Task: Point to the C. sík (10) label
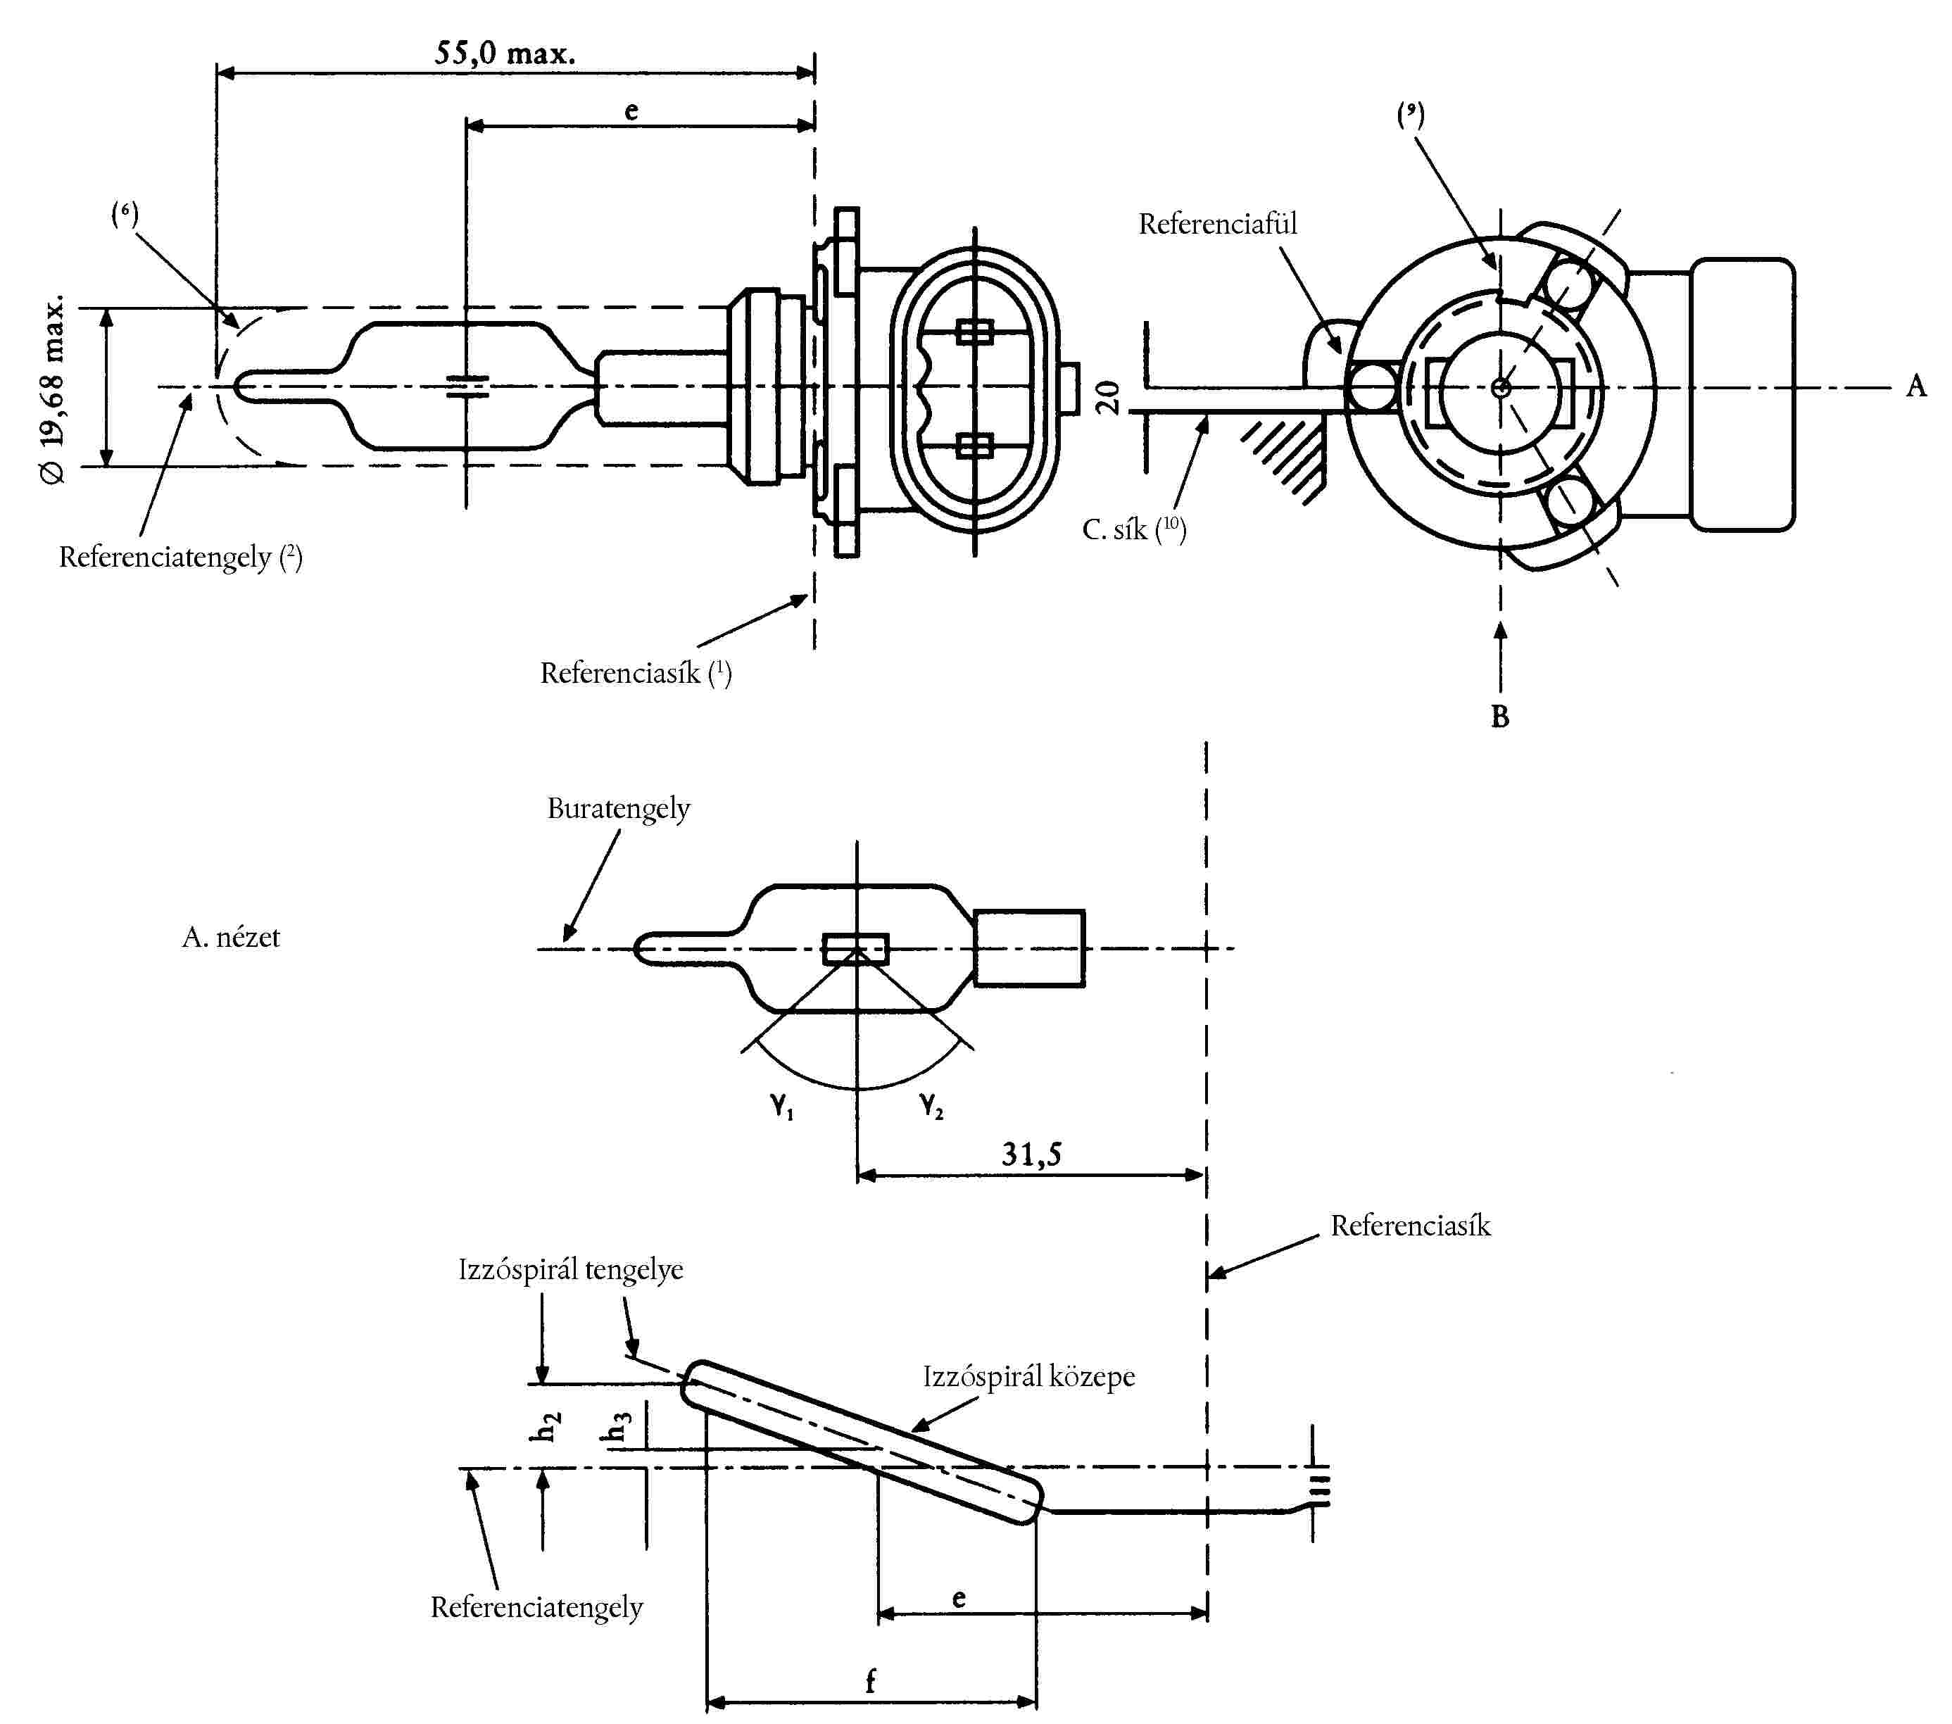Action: (x=1133, y=529)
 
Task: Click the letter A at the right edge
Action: (x=1915, y=386)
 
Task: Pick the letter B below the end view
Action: (x=1499, y=717)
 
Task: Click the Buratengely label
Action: (x=618, y=809)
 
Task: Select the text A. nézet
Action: (x=231, y=937)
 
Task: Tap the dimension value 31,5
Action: (x=1031, y=1154)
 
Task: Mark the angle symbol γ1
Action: (x=782, y=1106)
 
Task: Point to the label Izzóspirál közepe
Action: (x=1028, y=1376)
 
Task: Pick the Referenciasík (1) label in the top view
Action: (x=635, y=674)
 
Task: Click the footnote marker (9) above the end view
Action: (x=1411, y=115)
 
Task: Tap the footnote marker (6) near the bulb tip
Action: (x=124, y=213)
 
